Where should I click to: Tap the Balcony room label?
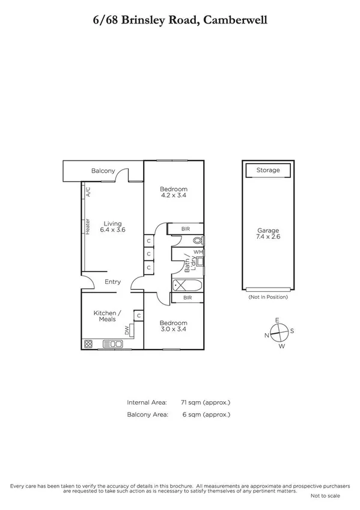[x=103, y=171]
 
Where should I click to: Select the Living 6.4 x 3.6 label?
[x=112, y=226]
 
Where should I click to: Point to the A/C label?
[x=88, y=192]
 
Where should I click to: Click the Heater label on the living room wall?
[x=88, y=226]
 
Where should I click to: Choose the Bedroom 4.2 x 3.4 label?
[x=174, y=192]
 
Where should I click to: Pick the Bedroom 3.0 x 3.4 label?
[x=174, y=326]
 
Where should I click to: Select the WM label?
[x=198, y=252]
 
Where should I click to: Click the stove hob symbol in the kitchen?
[x=88, y=345]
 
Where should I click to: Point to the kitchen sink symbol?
[x=113, y=345]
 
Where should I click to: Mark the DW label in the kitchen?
[x=127, y=330]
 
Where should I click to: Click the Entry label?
[x=112, y=281]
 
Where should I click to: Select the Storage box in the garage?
[x=268, y=170]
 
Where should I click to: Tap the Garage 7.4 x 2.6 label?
[x=268, y=233]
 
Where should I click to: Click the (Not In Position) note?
[x=268, y=297]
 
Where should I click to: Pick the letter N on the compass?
[x=266, y=336]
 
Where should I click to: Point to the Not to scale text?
[x=325, y=496]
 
